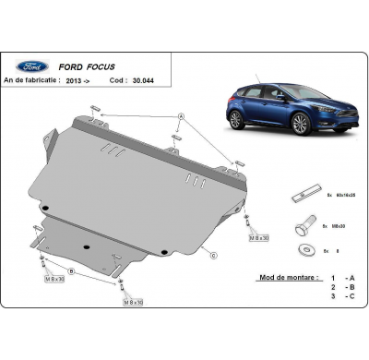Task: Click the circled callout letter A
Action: pyautogui.click(x=181, y=115)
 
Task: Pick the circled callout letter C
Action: pyautogui.click(x=213, y=255)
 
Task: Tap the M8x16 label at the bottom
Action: pyautogui.click(x=133, y=302)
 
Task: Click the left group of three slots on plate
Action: pyautogui.click(x=113, y=151)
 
